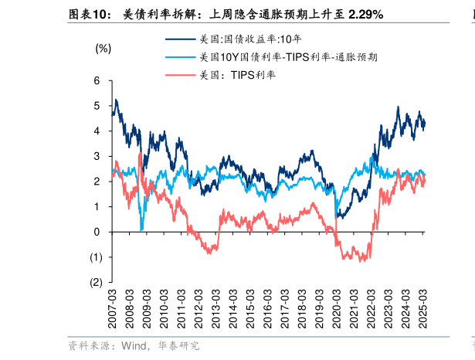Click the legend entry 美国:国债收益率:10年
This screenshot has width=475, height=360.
(x=246, y=39)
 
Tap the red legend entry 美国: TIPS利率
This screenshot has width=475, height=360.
(x=237, y=75)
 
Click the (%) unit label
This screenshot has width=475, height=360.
(x=103, y=48)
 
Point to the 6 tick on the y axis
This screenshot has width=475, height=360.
(x=97, y=80)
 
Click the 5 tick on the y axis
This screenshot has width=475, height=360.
(x=97, y=106)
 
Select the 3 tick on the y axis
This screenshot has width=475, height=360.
(x=97, y=156)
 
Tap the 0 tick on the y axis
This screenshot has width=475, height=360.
(x=97, y=232)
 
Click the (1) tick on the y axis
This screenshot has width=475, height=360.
(x=95, y=257)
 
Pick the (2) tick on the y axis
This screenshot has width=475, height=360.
(x=95, y=283)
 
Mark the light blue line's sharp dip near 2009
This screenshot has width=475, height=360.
(x=141, y=229)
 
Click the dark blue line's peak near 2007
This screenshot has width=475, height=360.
(x=116, y=100)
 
